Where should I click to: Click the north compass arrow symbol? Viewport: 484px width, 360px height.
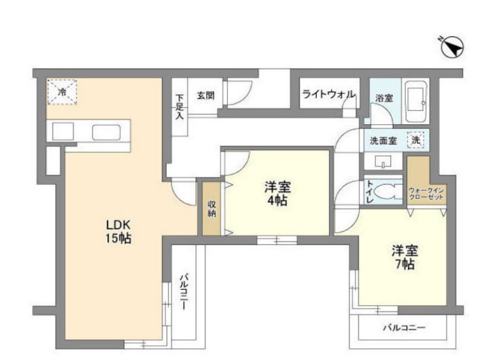(x=452, y=48)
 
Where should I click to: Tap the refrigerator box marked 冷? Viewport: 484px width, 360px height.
(x=62, y=92)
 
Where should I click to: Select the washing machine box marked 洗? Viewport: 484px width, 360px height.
(x=415, y=140)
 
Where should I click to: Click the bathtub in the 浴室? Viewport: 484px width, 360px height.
(x=415, y=101)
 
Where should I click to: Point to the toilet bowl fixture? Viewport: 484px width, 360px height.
(x=386, y=192)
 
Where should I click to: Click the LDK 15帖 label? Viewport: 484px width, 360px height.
(x=119, y=232)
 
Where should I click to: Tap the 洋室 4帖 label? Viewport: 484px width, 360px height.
(x=277, y=194)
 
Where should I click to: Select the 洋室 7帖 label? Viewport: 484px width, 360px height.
(x=405, y=257)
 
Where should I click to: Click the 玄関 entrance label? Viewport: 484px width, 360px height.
(x=205, y=96)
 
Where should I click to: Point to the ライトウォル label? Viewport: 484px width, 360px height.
(x=329, y=94)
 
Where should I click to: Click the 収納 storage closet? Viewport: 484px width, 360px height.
(x=211, y=208)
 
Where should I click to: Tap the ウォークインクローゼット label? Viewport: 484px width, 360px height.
(x=426, y=194)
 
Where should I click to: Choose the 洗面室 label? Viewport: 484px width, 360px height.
(x=383, y=141)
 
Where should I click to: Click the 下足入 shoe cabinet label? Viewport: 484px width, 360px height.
(x=180, y=106)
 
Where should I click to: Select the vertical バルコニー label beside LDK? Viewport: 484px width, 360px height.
(x=184, y=291)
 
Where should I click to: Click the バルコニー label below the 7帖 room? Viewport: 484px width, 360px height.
(x=404, y=328)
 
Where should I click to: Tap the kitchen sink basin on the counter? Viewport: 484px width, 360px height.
(x=106, y=133)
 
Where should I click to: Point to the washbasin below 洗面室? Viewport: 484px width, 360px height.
(x=383, y=161)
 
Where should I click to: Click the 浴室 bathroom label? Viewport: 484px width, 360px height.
(x=384, y=99)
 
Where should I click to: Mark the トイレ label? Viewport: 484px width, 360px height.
(x=369, y=192)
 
